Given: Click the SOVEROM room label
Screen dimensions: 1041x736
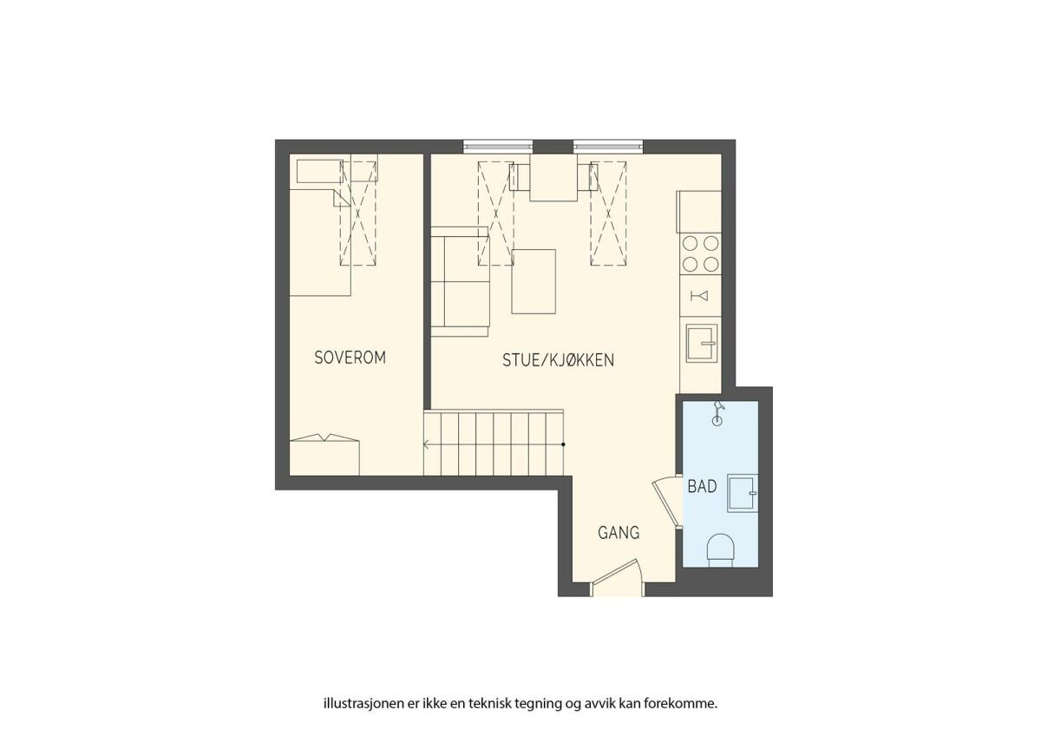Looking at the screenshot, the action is click(x=350, y=357).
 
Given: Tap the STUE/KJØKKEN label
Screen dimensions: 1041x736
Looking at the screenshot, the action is click(x=558, y=360).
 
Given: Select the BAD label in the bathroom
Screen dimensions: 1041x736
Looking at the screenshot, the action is click(x=702, y=487).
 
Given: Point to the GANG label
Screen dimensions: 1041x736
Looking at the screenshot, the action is click(x=619, y=532).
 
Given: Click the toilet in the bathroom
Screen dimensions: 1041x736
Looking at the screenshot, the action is click(x=720, y=550).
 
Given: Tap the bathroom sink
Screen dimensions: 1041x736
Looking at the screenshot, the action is click(x=743, y=493).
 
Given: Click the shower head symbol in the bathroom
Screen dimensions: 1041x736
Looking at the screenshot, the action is click(x=718, y=413).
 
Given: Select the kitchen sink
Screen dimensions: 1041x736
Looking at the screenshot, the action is click(x=702, y=344).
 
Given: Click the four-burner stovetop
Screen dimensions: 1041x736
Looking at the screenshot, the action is click(x=700, y=253).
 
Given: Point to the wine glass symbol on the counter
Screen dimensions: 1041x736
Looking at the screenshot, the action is click(x=700, y=296).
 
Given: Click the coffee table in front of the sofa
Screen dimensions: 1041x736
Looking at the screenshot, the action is click(x=534, y=281).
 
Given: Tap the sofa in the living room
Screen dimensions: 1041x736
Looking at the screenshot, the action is click(x=460, y=281).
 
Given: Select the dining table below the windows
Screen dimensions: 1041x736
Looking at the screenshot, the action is click(x=553, y=178).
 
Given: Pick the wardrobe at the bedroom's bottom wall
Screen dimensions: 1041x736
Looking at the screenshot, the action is click(x=324, y=456).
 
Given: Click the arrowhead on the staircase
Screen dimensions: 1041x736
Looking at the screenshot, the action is click(x=426, y=444).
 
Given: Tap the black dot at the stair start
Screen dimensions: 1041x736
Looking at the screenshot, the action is click(x=563, y=444).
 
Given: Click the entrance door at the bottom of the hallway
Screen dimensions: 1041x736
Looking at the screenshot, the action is click(x=617, y=577).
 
